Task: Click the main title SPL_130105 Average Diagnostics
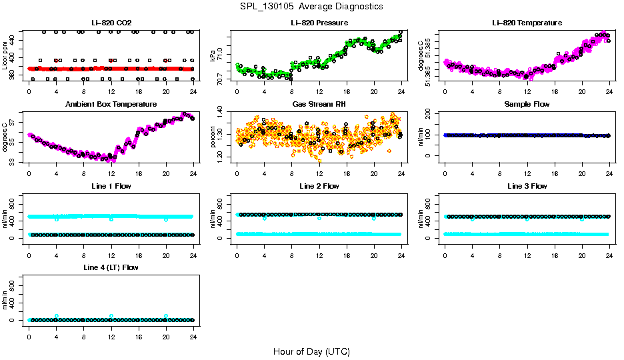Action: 311,7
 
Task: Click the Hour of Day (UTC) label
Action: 311,351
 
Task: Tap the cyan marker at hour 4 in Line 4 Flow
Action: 57,316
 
